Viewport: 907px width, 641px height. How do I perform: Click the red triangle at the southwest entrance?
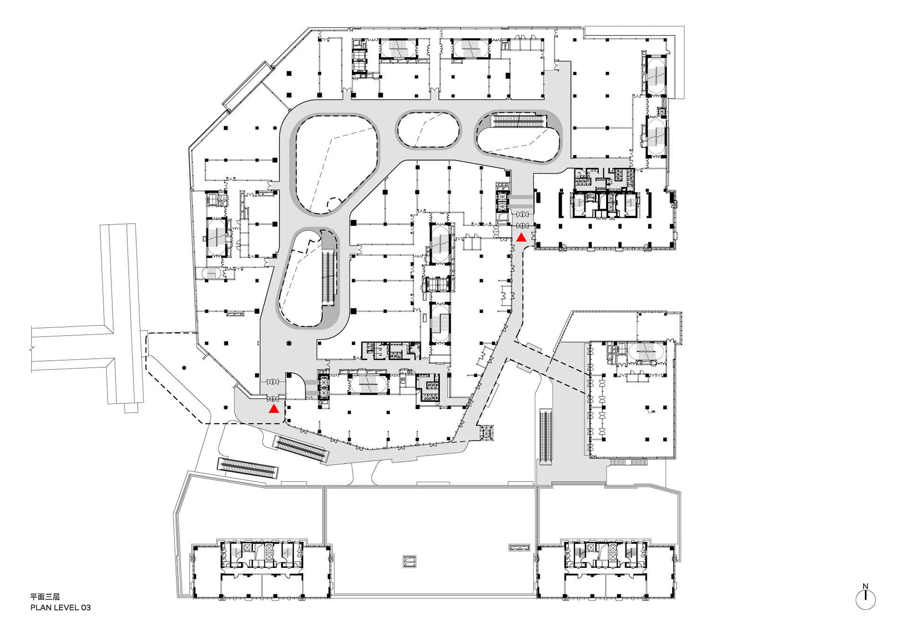274,409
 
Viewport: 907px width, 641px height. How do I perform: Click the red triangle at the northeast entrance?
521,238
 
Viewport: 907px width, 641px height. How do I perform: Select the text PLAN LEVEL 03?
60,607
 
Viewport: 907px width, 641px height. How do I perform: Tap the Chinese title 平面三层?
45,597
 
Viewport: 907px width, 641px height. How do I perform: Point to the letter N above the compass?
865,587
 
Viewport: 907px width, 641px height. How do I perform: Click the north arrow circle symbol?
865,600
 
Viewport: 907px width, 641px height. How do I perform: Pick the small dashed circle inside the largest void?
336,205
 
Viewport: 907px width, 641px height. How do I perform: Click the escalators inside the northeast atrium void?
520,121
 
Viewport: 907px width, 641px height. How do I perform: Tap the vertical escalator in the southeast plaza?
546,436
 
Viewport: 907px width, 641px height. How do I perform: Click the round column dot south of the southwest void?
289,343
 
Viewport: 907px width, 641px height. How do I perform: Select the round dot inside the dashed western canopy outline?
184,368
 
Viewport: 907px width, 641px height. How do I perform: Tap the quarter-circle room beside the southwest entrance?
295,385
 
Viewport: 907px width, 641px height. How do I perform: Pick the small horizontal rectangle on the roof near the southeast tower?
519,547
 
